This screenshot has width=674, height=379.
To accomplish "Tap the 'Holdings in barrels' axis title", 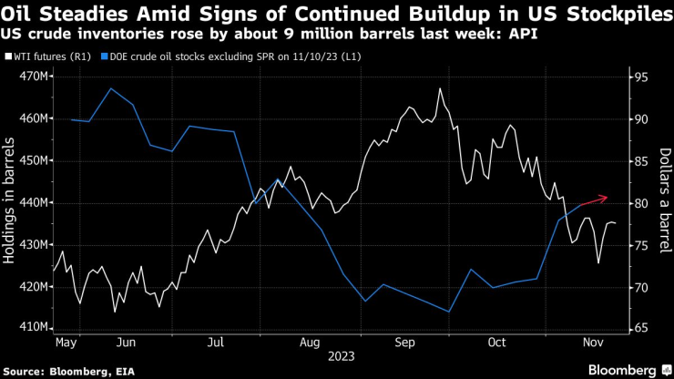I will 11,202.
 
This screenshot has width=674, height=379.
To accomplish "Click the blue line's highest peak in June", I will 111,88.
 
